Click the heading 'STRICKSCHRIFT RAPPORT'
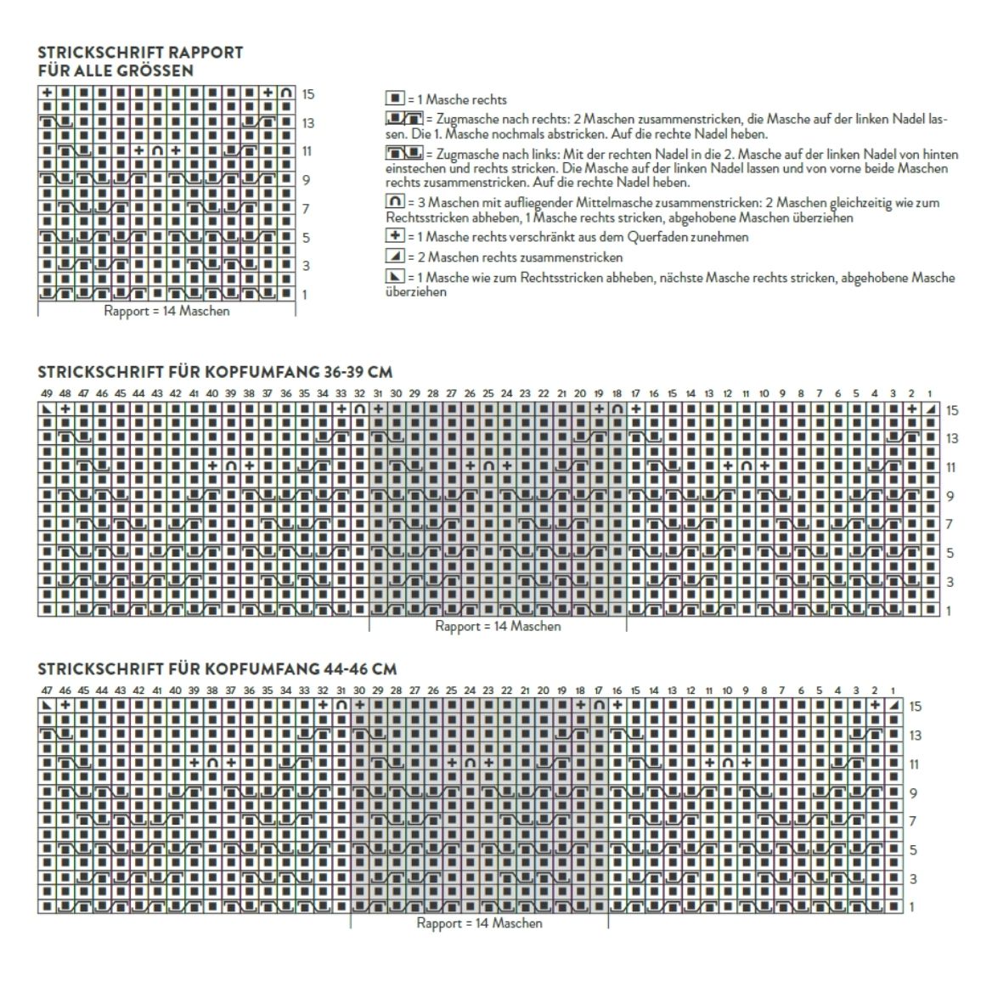(140, 53)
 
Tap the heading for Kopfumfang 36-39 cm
(215, 372)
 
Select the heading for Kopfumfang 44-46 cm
(217, 669)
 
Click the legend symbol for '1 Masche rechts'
(395, 99)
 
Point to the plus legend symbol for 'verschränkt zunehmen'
(395, 237)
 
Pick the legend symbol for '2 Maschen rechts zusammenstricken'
(395, 257)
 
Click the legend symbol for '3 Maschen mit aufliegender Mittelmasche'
(395, 203)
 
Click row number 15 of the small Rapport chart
(307, 94)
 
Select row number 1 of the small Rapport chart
(304, 295)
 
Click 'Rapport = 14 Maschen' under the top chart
(166, 311)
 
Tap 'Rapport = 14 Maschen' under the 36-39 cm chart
(498, 627)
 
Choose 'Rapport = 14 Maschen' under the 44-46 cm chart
(479, 923)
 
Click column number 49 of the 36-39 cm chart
(46, 394)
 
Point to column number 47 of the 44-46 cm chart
(47, 690)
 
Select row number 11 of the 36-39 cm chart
(952, 468)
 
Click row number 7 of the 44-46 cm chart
(913, 821)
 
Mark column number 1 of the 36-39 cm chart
(930, 394)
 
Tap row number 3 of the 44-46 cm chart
(913, 879)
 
